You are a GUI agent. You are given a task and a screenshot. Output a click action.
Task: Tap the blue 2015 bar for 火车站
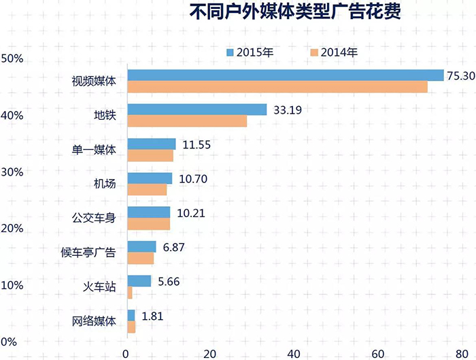139,281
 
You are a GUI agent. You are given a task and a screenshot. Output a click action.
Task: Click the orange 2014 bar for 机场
147,190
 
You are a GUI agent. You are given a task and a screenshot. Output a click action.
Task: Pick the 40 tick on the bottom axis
294,353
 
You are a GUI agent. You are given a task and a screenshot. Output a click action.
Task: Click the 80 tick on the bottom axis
462,353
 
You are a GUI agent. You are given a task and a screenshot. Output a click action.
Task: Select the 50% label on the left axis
13,59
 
